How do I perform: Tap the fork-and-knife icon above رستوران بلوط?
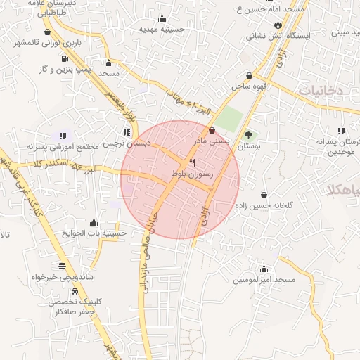[183, 162]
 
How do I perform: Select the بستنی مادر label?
[212, 141]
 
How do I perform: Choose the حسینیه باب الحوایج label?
[94, 233]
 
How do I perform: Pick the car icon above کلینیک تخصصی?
[74, 290]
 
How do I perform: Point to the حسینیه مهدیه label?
[162, 30]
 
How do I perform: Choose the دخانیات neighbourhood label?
[320, 91]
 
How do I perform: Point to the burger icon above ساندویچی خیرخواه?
[63, 266]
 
